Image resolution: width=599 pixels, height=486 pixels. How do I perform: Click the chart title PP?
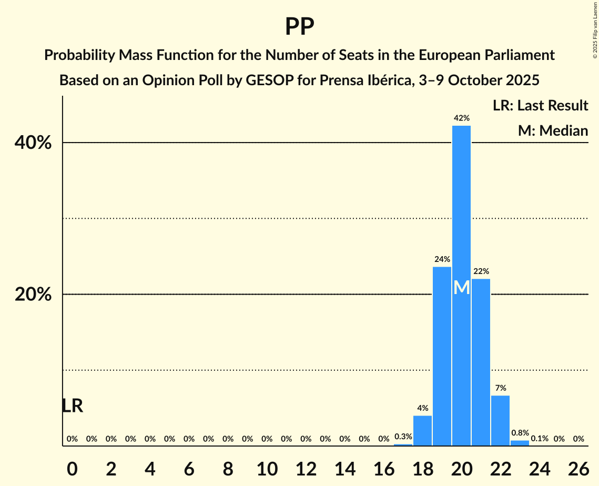pyautogui.click(x=299, y=26)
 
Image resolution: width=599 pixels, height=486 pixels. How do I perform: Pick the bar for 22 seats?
pyautogui.click(x=501, y=420)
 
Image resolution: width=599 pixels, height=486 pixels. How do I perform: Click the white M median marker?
pyautogui.click(x=462, y=288)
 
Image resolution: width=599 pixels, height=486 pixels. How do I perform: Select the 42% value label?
pyautogui.click(x=462, y=118)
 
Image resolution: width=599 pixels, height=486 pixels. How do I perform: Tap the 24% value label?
pyautogui.click(x=442, y=259)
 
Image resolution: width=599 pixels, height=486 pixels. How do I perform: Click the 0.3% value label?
pyautogui.click(x=403, y=437)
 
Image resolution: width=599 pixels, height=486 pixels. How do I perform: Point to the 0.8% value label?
pyautogui.click(x=520, y=433)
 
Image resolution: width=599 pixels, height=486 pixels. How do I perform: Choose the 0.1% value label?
pyautogui.click(x=540, y=439)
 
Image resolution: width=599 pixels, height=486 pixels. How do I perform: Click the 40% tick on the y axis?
pyautogui.click(x=33, y=143)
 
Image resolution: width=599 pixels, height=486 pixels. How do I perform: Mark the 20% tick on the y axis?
pyautogui.click(x=33, y=295)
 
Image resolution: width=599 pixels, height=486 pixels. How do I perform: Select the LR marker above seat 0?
pyautogui.click(x=72, y=406)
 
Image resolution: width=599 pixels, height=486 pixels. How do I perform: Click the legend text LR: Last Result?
pyautogui.click(x=540, y=106)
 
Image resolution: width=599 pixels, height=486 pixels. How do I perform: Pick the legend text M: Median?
pyautogui.click(x=553, y=130)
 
